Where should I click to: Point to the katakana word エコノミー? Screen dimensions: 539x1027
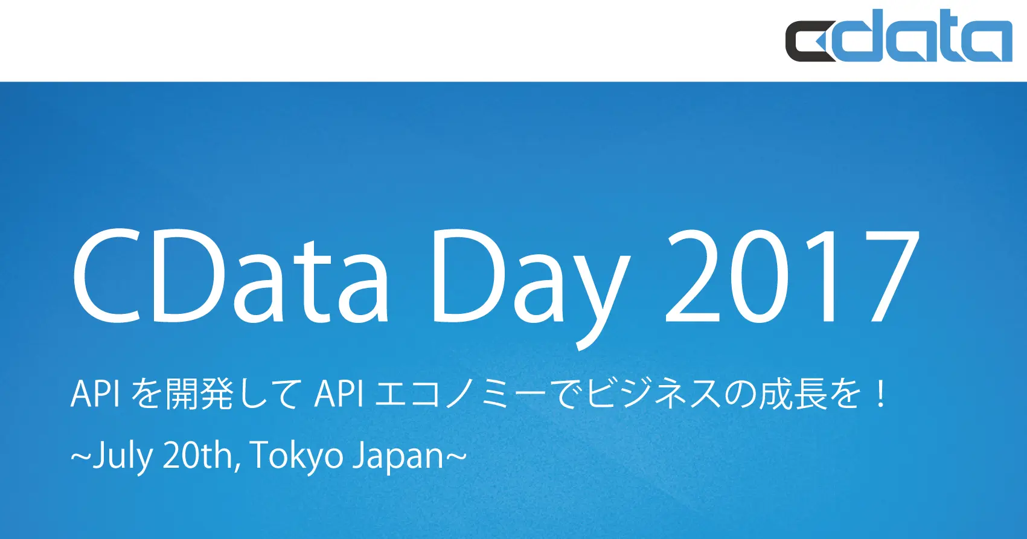[x=459, y=395]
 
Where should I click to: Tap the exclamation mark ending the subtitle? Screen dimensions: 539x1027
[x=881, y=395]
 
